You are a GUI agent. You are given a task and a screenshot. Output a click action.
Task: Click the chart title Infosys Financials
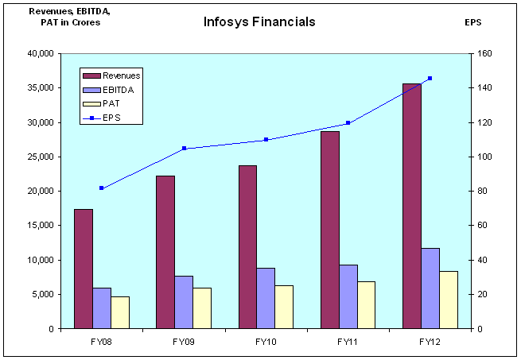pos(259,21)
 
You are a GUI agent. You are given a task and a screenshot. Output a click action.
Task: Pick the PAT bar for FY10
pos(285,306)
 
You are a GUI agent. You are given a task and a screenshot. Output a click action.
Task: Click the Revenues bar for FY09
pos(165,251)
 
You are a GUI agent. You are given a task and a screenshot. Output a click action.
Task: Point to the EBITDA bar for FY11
pos(348,296)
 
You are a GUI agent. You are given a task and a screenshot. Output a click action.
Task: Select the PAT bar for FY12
pos(449,299)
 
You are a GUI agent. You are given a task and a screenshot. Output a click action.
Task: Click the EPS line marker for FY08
pos(102,188)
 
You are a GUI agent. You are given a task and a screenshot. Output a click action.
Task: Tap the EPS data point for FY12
pos(430,78)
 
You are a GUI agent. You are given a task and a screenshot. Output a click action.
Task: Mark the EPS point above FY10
pos(266,139)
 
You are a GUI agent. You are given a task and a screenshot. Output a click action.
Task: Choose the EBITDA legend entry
pos(119,90)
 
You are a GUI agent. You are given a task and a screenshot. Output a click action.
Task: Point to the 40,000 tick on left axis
pos(39,54)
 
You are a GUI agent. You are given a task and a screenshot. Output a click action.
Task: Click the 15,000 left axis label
pos(39,226)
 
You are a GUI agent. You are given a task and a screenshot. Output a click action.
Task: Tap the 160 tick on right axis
pos(484,54)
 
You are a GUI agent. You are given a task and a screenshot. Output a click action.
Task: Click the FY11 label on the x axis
pos(348,342)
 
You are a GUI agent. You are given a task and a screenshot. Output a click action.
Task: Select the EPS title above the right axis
pos(473,22)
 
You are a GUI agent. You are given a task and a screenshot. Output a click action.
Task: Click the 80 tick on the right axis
pos(482,192)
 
